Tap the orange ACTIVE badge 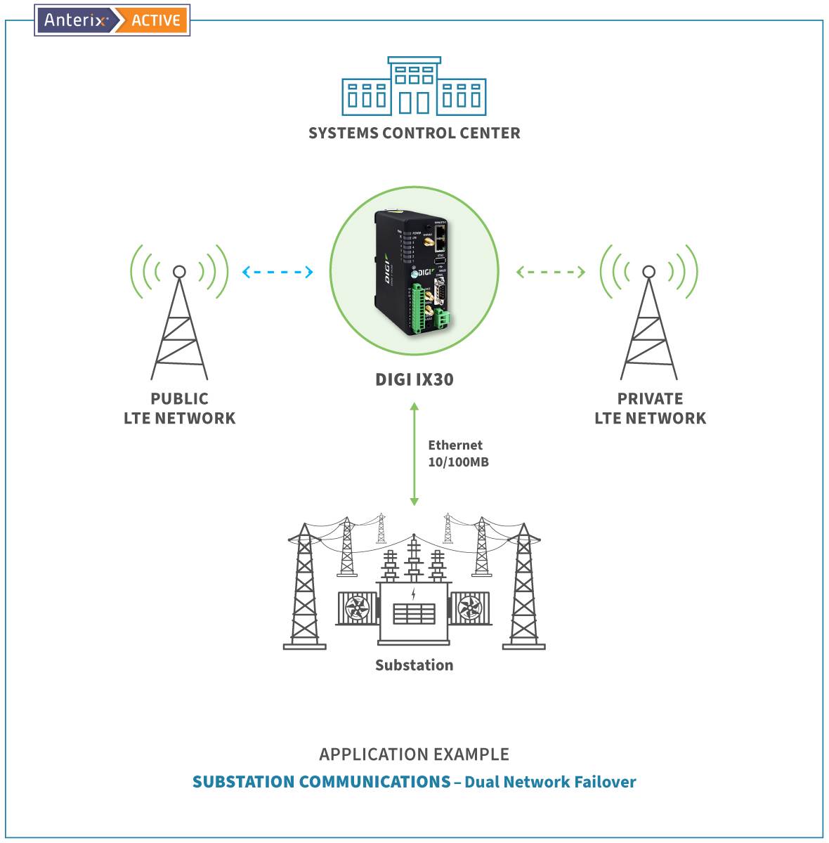(155, 20)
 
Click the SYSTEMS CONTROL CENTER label (414, 133)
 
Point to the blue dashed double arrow (278, 272)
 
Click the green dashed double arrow (551, 272)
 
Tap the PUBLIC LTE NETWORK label (179, 408)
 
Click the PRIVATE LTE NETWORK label (650, 408)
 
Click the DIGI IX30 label (414, 379)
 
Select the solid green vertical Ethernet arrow (414, 454)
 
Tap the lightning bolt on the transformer (413, 594)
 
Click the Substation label (414, 665)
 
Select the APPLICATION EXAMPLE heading (414, 754)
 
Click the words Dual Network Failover (550, 782)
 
